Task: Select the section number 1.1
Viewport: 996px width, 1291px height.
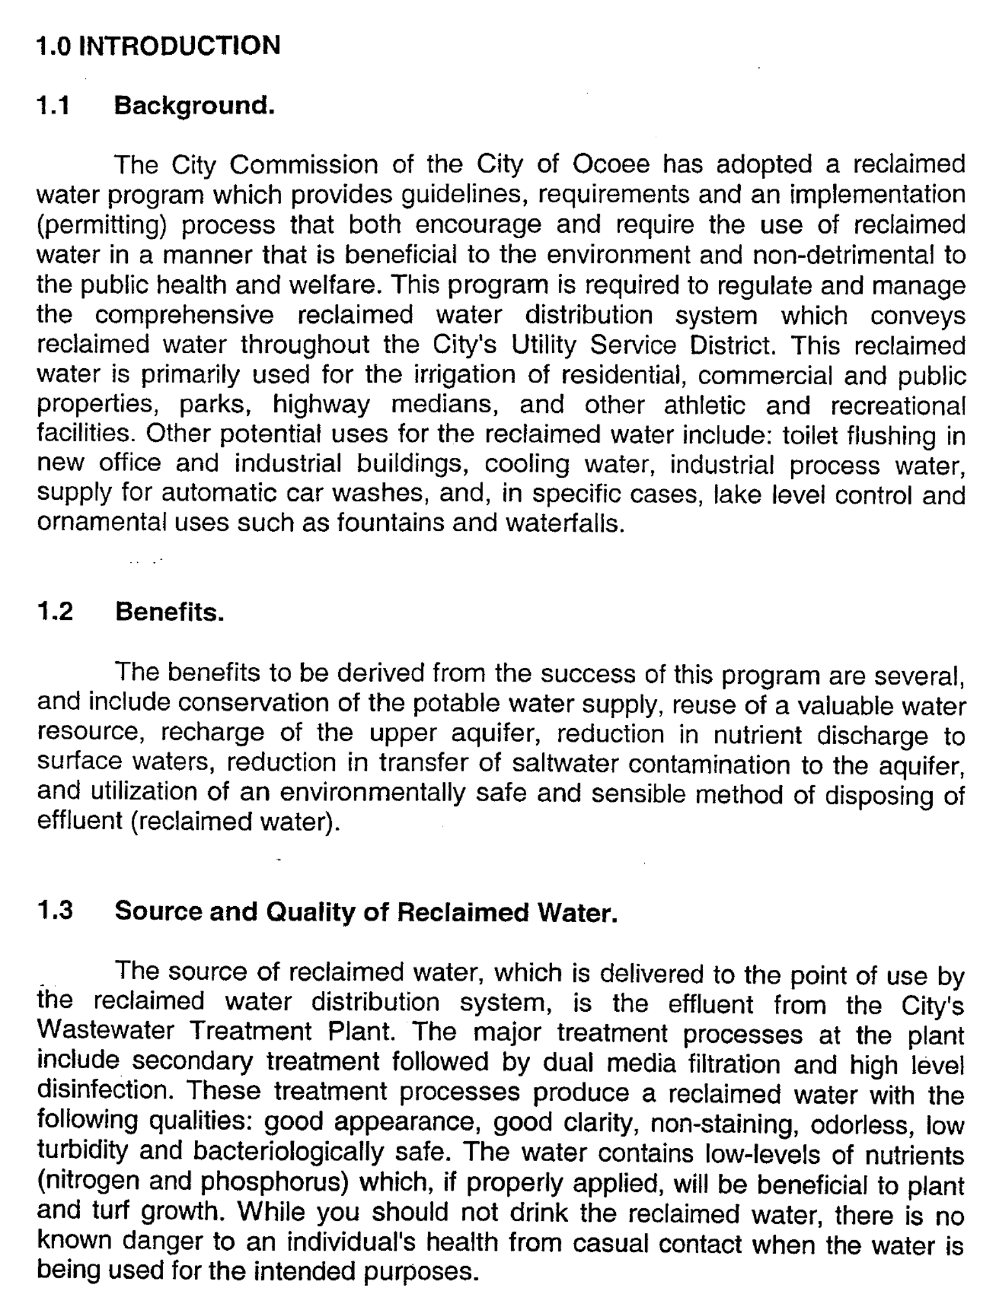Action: coord(53,106)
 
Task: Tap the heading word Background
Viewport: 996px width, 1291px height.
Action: coord(194,106)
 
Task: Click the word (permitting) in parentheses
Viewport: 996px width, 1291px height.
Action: coord(101,226)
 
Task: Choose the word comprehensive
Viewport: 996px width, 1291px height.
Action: coord(184,315)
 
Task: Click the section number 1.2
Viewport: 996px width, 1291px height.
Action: coord(55,611)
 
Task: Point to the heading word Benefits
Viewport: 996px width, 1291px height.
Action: coord(170,612)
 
